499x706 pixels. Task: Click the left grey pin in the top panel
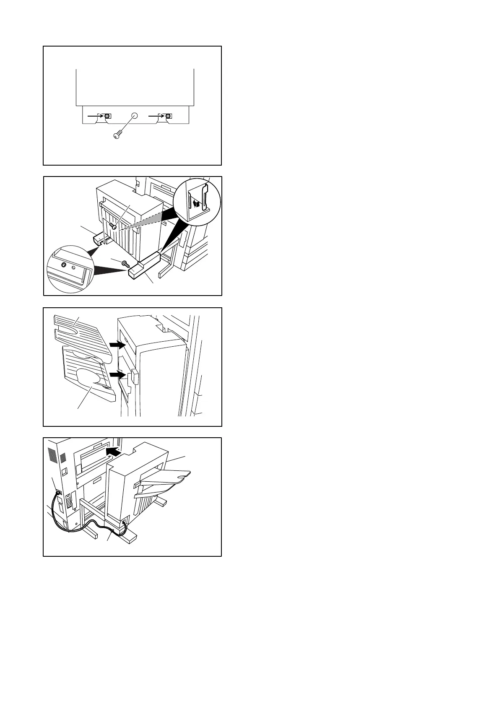(x=108, y=116)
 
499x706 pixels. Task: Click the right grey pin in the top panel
(x=168, y=116)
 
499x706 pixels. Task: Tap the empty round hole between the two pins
(x=135, y=116)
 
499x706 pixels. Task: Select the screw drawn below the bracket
(x=117, y=135)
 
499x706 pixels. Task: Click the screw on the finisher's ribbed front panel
(x=112, y=226)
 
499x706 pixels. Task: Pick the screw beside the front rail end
(x=125, y=263)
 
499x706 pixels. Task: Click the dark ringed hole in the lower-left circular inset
(x=63, y=265)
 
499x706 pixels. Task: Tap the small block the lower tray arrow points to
(x=133, y=376)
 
